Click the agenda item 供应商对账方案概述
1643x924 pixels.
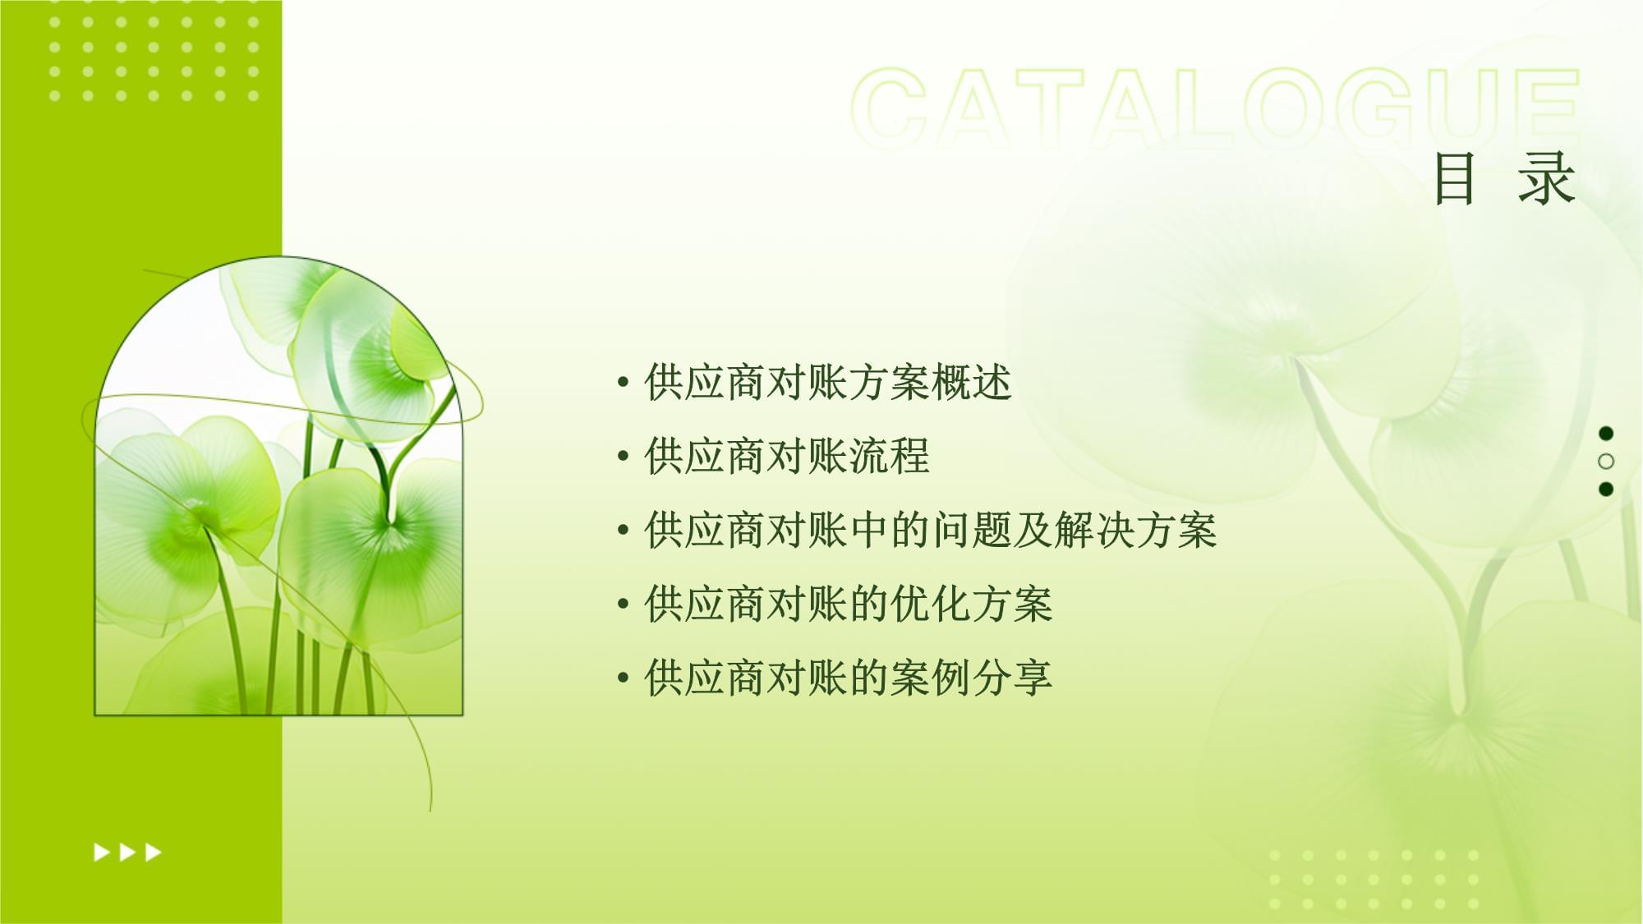click(x=828, y=383)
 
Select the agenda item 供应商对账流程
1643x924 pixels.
click(x=787, y=457)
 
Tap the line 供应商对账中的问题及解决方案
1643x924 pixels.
click(x=930, y=531)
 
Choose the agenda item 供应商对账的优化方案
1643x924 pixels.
click(x=848, y=605)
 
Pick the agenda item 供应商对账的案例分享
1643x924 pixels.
click(x=848, y=678)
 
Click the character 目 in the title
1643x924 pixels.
click(x=1454, y=179)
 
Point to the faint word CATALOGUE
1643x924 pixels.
click(x=1216, y=107)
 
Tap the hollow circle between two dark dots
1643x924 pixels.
click(x=1606, y=462)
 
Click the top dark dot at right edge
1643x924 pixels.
click(x=1606, y=434)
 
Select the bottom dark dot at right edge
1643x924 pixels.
click(x=1606, y=490)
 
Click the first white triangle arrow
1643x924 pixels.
click(x=102, y=853)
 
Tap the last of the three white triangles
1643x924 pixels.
click(x=154, y=853)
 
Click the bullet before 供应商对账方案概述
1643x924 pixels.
click(x=624, y=383)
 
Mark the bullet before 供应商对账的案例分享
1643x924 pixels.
click(x=624, y=678)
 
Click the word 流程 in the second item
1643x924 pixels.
click(x=889, y=457)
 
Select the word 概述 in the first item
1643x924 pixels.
click(x=971, y=383)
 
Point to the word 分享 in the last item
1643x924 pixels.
click(x=1012, y=678)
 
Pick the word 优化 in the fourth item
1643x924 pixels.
click(x=930, y=605)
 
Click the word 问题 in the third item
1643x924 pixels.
click(x=971, y=531)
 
